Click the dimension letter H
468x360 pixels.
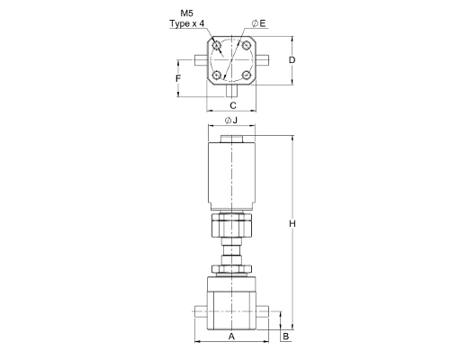[292, 223]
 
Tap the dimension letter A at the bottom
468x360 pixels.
[231, 337]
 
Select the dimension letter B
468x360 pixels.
[286, 337]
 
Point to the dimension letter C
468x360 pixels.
[233, 105]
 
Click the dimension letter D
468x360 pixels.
[292, 60]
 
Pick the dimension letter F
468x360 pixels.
[178, 78]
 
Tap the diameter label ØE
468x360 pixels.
[259, 23]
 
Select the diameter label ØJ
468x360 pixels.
[231, 121]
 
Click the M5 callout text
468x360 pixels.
[186, 13]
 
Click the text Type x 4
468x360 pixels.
[187, 23]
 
